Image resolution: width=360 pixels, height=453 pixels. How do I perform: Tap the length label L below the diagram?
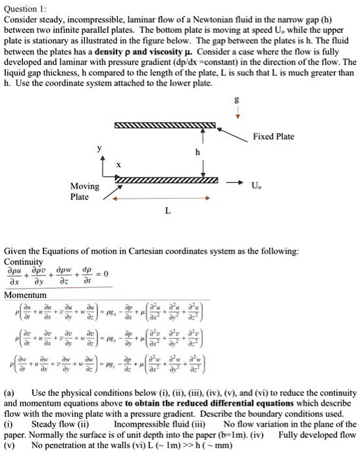click(167, 211)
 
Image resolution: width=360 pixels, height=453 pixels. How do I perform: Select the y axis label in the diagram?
click(100, 149)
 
